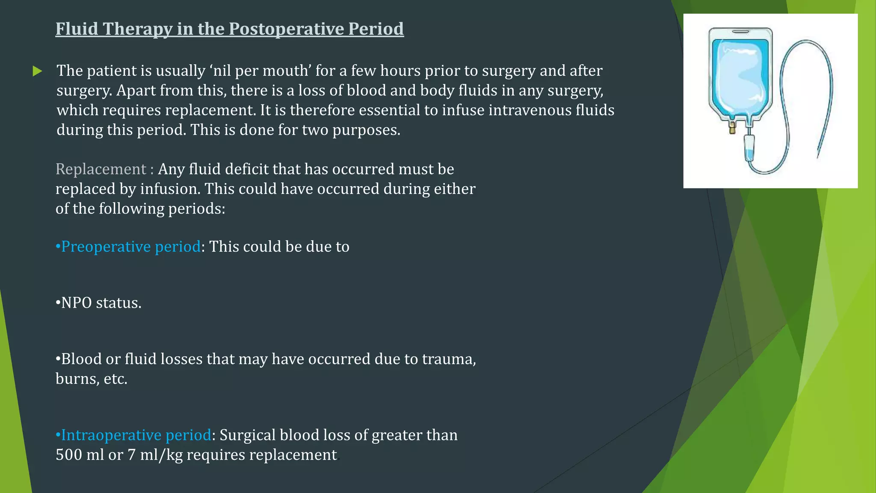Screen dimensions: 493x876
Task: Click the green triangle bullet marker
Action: click(37, 71)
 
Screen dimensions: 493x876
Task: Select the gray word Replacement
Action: click(101, 169)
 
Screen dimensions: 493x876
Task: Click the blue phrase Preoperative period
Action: click(130, 247)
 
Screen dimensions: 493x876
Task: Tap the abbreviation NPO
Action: click(77, 303)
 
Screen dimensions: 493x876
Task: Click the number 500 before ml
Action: click(69, 455)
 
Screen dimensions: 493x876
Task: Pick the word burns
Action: click(76, 379)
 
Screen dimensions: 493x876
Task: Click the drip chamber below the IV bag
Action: click(750, 148)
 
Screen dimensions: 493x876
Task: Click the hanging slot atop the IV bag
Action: click(740, 31)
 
